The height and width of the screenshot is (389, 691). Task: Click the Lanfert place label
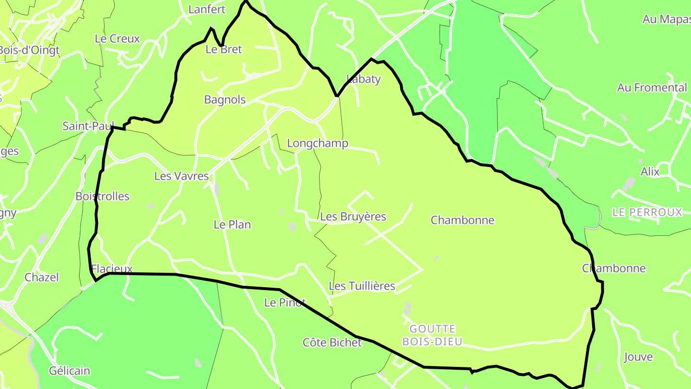point(207,9)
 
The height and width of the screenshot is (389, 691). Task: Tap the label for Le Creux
point(117,39)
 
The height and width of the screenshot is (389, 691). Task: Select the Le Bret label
point(224,49)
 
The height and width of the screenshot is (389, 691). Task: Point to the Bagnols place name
point(225,100)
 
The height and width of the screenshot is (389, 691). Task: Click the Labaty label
point(363,79)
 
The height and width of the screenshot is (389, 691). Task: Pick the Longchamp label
point(317,144)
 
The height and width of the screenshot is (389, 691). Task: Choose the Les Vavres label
point(181,176)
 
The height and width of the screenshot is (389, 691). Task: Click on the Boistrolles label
point(102,196)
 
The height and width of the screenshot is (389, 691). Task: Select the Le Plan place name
point(232,225)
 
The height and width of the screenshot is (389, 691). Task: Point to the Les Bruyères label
point(353,217)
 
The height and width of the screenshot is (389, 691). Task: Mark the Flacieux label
point(111,269)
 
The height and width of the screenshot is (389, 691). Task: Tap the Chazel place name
point(42,277)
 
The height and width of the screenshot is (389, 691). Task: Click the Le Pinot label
point(285,303)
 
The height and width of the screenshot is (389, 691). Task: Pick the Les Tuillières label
point(362,286)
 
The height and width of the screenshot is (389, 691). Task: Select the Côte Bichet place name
point(332,342)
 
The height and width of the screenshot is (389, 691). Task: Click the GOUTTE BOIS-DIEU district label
point(432,335)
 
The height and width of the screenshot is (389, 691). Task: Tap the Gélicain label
point(70,371)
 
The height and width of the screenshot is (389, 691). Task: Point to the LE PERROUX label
point(647,212)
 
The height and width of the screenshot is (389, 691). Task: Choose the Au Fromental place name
point(652,88)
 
